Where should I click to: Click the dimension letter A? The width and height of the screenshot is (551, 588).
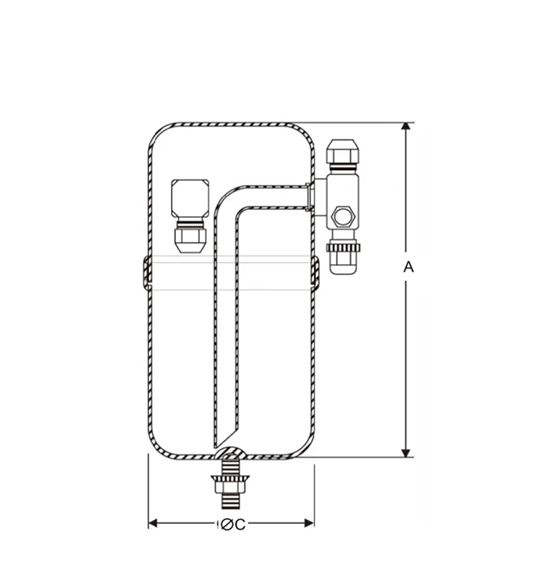click(x=408, y=267)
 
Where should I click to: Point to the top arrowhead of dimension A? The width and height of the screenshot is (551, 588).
click(x=406, y=128)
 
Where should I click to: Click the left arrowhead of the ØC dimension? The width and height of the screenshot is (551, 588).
click(x=153, y=523)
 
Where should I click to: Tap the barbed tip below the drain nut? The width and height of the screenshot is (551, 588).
click(x=230, y=501)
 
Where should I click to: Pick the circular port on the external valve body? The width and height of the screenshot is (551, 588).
click(x=343, y=216)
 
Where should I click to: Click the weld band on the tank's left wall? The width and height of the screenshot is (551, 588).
click(x=146, y=273)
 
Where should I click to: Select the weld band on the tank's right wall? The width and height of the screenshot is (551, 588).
click(x=314, y=273)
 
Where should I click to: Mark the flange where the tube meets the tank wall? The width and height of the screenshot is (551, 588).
click(x=308, y=196)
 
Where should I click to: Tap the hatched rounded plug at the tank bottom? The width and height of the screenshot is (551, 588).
click(x=230, y=454)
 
